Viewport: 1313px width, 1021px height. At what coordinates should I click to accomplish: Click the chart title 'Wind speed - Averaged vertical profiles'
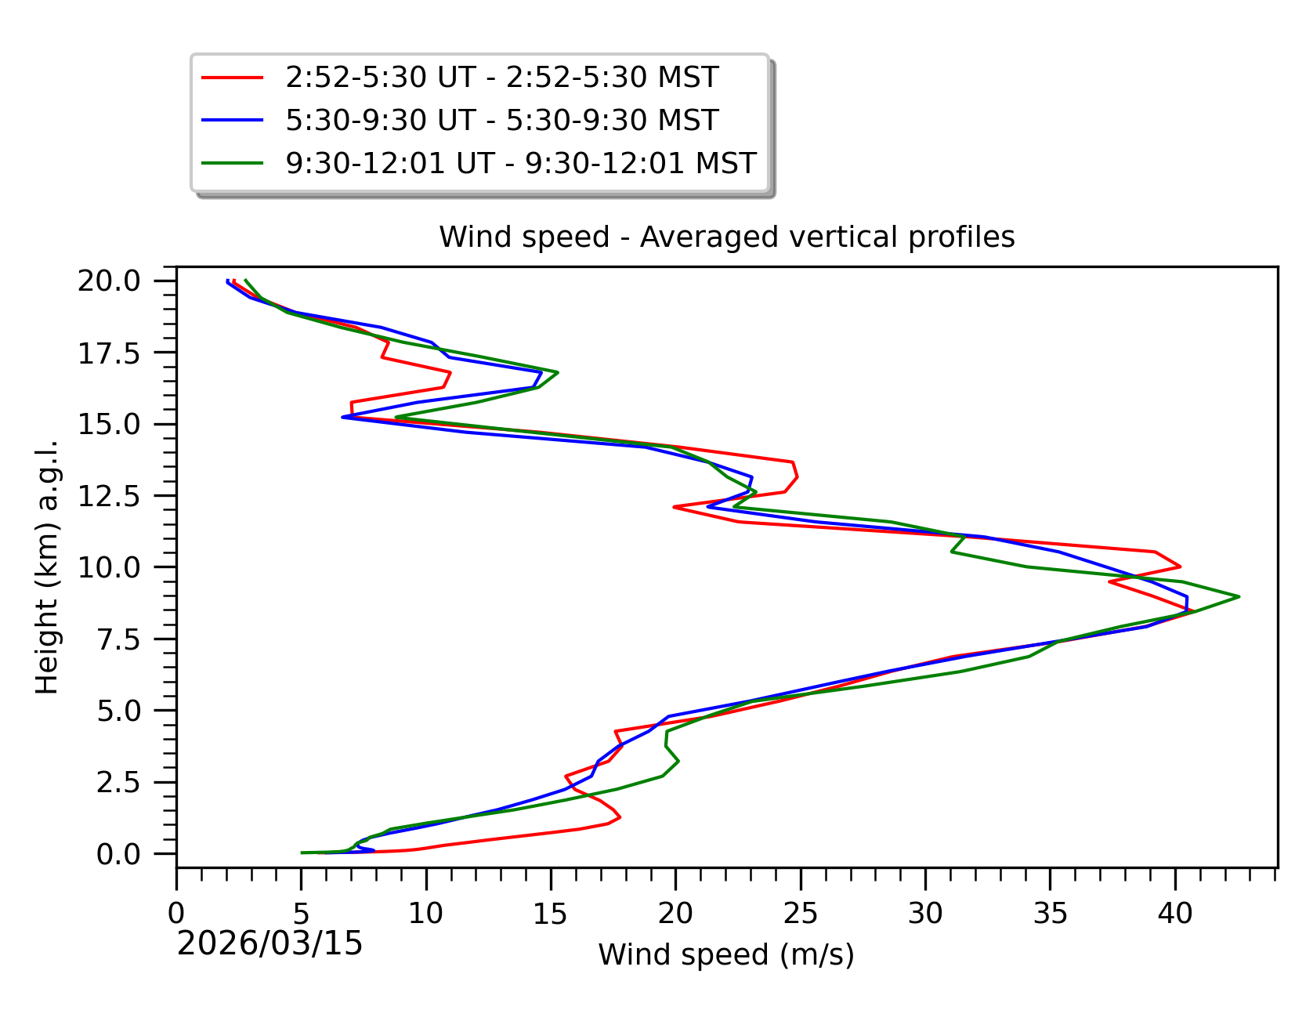coord(726,237)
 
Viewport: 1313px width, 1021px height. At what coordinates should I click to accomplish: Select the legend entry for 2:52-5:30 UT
coord(501,78)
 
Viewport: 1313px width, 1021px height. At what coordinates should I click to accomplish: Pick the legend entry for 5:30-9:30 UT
coord(501,121)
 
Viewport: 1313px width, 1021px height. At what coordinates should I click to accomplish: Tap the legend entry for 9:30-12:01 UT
coord(520,163)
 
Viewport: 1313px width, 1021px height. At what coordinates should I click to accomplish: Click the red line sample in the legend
coord(232,78)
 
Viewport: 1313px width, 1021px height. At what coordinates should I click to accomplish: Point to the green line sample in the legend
coord(232,163)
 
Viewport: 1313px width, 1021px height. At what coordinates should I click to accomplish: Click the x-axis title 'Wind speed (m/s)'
coord(726,954)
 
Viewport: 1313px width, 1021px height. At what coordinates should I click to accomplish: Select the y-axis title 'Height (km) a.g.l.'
coord(47,567)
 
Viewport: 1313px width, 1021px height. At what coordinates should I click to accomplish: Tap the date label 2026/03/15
coord(269,943)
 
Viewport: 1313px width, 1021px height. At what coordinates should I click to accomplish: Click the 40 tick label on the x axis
coord(1175,914)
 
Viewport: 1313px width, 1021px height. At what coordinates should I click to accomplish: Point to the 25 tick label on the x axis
coord(800,914)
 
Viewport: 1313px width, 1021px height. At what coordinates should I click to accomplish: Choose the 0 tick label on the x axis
coord(176,914)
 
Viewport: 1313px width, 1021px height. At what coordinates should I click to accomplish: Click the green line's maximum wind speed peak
coord(1239,597)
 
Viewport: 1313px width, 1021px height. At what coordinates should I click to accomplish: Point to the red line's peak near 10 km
coord(1180,567)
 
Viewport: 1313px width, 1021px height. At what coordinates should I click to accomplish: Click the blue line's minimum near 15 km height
coord(343,417)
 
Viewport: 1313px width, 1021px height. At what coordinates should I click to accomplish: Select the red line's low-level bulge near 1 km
coord(620,817)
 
